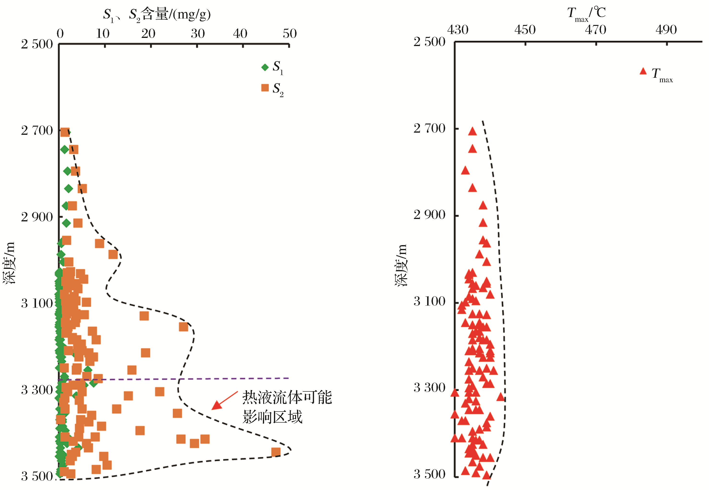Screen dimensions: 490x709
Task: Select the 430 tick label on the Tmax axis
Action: tap(458, 30)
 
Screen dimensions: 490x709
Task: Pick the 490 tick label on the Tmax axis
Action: tap(666, 30)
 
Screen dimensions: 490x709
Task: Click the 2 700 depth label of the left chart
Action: tap(37, 130)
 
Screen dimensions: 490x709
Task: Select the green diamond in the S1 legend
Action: tap(265, 67)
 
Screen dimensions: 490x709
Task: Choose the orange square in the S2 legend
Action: tap(265, 88)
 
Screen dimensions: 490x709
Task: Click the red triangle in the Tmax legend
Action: tap(643, 71)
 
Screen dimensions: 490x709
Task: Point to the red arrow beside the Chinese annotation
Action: tap(224, 401)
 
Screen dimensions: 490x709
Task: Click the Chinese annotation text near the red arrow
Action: tap(287, 407)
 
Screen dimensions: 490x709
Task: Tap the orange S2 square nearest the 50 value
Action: tap(276, 452)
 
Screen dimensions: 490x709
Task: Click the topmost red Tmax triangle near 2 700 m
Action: tap(472, 132)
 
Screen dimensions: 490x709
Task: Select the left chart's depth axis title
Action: tap(9, 262)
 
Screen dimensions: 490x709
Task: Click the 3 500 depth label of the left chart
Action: tap(37, 476)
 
